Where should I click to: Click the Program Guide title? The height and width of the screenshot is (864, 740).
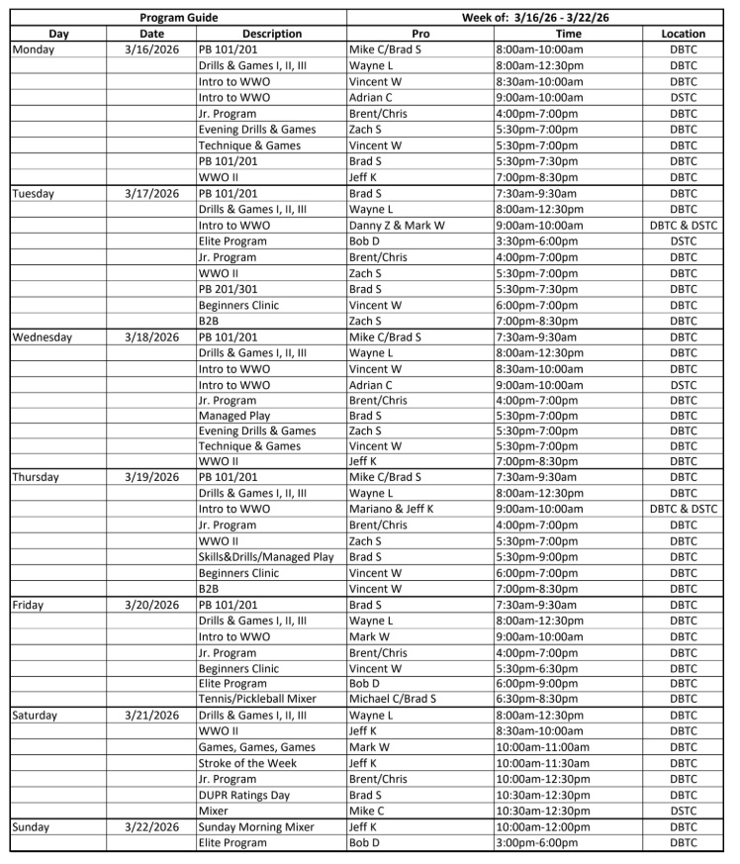(178, 18)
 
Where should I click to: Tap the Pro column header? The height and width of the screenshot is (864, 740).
(419, 34)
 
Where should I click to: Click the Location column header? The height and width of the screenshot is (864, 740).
(683, 34)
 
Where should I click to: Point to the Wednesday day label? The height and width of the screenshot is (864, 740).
(42, 336)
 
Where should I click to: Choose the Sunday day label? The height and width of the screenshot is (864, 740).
(35, 826)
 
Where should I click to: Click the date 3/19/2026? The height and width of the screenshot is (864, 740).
(151, 477)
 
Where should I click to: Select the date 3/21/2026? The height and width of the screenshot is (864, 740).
(151, 715)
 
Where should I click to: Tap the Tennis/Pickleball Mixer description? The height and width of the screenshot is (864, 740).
(257, 699)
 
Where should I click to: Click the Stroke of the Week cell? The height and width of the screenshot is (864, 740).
(247, 763)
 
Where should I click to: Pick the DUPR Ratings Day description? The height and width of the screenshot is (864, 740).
(248, 795)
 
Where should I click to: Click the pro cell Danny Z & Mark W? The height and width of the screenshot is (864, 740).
(397, 226)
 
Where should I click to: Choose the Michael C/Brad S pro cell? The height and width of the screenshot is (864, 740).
(393, 699)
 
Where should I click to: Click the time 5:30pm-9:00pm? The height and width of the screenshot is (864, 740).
(539, 556)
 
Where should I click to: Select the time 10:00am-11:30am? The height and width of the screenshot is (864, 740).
(542, 763)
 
